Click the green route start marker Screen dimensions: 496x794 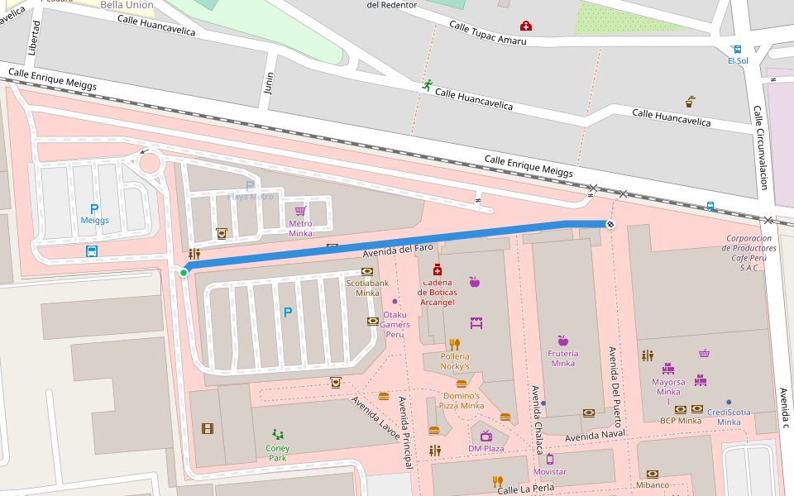click(x=183, y=273)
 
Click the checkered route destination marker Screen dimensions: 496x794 click(x=610, y=224)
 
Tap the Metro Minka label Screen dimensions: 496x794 click(x=300, y=228)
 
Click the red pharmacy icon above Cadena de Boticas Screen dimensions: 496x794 click(x=437, y=270)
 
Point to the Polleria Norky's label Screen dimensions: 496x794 click(x=455, y=361)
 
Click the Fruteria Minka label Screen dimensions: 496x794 click(x=562, y=358)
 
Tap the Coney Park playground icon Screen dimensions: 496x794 click(x=278, y=434)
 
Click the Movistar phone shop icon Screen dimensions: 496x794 click(x=550, y=459)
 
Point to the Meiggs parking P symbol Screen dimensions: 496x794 click(x=93, y=209)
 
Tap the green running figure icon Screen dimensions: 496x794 click(x=427, y=85)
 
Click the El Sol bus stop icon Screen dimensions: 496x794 click(x=737, y=50)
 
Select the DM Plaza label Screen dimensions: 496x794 click(x=485, y=448)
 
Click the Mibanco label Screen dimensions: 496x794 click(x=652, y=484)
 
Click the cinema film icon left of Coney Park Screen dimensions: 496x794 click(x=207, y=428)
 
